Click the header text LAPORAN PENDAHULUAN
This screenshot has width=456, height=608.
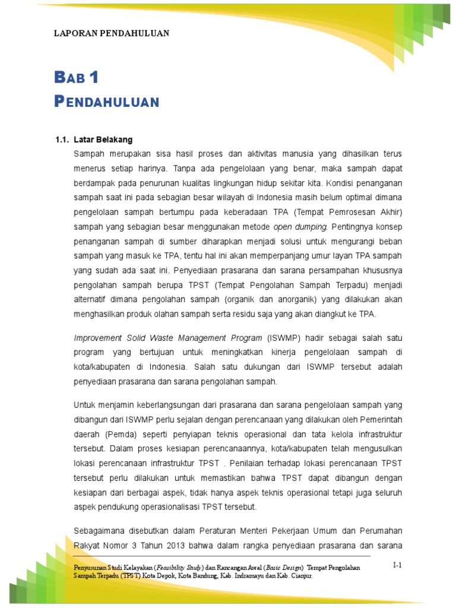click(x=112, y=33)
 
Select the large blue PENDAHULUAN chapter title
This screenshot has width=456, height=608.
click(x=107, y=102)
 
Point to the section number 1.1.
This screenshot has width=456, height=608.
click(x=62, y=140)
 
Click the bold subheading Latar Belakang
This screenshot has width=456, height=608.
click(x=103, y=140)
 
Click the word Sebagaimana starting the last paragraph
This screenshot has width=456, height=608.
click(x=98, y=530)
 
